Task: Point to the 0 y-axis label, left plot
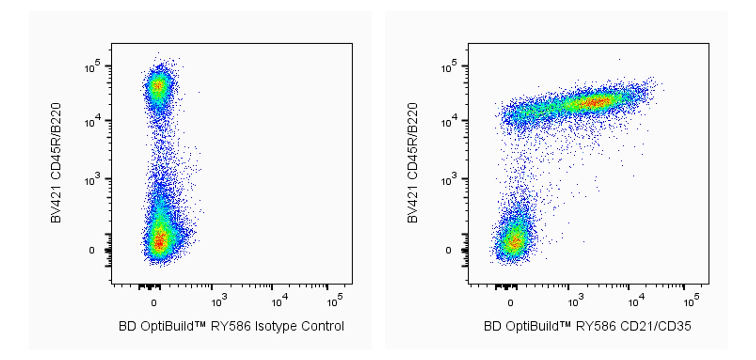pos(92,251)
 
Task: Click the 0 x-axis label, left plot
pos(154,302)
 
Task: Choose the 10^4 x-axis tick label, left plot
pos(278,301)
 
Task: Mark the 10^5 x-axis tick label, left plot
pos(334,301)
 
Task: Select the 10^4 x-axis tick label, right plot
pos(635,301)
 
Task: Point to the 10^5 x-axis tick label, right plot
pos(691,301)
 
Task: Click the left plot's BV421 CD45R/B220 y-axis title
pos(56,163)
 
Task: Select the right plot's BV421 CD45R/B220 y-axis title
pos(413,163)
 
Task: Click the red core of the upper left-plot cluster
pos(157,86)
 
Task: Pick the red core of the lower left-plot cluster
pos(159,241)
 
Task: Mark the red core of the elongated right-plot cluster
pos(595,102)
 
